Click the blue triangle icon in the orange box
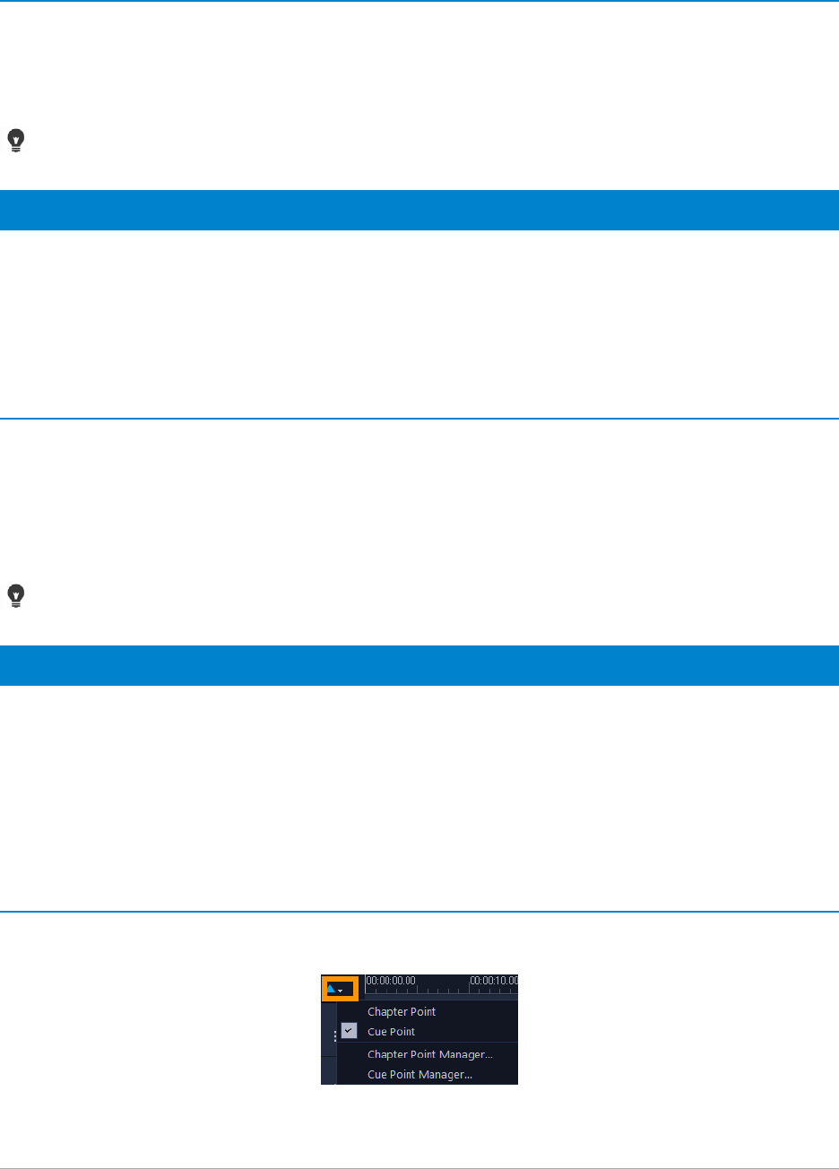[x=332, y=990]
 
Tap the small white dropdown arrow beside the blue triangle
[x=341, y=991]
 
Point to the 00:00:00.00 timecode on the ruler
[x=390, y=981]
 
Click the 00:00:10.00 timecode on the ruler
[x=494, y=981]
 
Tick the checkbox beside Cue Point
[x=349, y=1032]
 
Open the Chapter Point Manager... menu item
[x=429, y=1054]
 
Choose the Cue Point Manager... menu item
[x=419, y=1074]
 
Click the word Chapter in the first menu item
[x=386, y=1011]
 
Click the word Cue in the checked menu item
[x=376, y=1032]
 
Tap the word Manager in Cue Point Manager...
[x=447, y=1074]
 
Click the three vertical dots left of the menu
[x=335, y=1036]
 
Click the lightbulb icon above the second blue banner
[x=16, y=595]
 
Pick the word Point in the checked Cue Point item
[x=402, y=1032]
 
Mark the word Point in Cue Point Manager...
[x=402, y=1074]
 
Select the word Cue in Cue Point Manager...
[x=376, y=1074]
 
